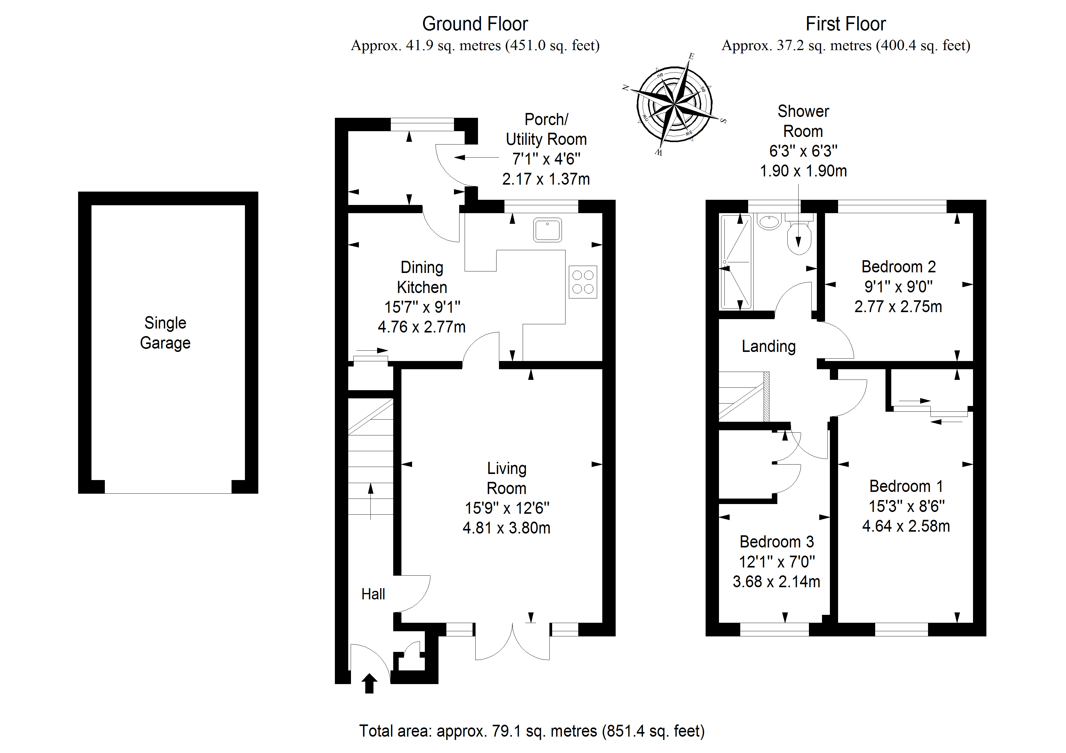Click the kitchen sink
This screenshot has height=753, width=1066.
(x=547, y=230)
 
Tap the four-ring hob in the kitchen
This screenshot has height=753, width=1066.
(x=583, y=282)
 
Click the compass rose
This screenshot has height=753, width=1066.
(x=674, y=105)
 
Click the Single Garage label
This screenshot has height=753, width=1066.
(x=165, y=333)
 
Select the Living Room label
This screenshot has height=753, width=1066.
(x=507, y=478)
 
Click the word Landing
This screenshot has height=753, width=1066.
(x=769, y=346)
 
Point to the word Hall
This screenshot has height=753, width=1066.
(x=373, y=594)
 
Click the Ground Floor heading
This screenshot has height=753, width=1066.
(x=475, y=24)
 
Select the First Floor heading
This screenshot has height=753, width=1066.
(x=845, y=24)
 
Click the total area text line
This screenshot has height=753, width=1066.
(x=531, y=731)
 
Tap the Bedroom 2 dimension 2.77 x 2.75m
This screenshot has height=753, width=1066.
(x=898, y=307)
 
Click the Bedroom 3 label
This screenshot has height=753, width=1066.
(x=776, y=542)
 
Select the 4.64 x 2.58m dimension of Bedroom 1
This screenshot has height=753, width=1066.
(x=906, y=526)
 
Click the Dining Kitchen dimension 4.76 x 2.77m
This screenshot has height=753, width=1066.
(x=421, y=327)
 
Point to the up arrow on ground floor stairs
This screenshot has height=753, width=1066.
(x=370, y=501)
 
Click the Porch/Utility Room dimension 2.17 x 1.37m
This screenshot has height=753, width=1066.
(x=546, y=179)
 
